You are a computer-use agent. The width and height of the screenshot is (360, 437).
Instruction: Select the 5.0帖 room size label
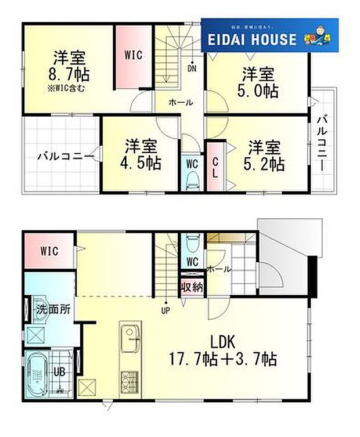[x=258, y=91]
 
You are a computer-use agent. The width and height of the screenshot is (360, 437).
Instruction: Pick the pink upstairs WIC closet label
[x=133, y=55]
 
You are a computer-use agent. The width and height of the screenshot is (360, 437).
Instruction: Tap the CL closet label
[x=214, y=166]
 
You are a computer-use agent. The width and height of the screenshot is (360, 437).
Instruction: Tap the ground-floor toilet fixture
[x=192, y=244]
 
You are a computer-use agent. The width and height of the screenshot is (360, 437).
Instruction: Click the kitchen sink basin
[x=129, y=335]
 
